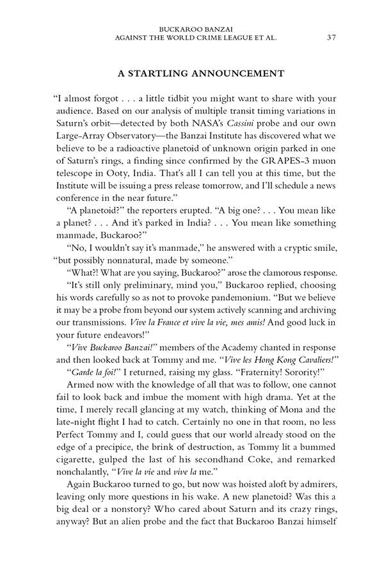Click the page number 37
(331, 37)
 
